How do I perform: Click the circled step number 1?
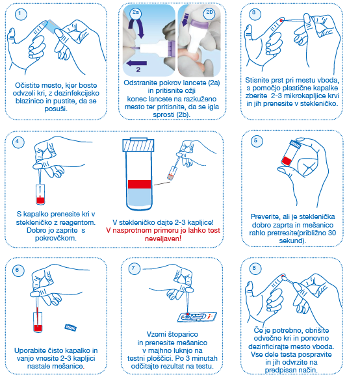pos(21,14)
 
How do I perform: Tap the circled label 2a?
pos(136,12)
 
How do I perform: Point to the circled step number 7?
pos(134,268)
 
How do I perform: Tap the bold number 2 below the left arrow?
pos(138,70)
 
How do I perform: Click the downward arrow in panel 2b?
pos(185,19)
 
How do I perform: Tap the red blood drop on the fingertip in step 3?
pos(281,21)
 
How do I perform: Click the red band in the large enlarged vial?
pos(139,184)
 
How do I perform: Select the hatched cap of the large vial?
pos(138,145)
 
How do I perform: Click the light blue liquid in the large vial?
pos(139,198)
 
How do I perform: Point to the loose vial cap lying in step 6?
pos(71,328)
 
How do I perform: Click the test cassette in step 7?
pos(197,317)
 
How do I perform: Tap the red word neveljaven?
pos(163,239)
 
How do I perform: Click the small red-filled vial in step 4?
pos(40,194)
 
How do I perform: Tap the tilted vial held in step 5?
pos(290,153)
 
